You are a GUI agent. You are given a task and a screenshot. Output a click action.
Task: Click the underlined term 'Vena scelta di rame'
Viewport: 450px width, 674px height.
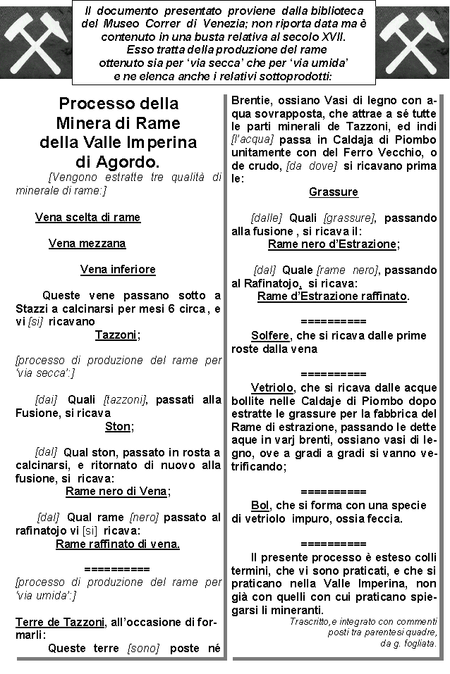coord(87,218)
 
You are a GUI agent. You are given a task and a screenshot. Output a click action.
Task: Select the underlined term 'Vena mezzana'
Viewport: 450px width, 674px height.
coord(87,244)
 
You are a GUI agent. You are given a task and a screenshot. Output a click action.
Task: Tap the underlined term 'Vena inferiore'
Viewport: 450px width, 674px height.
coord(118,270)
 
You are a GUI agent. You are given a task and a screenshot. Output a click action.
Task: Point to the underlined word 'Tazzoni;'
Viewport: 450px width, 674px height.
coord(117,335)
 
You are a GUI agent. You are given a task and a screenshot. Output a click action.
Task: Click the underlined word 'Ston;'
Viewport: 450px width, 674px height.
coord(118,426)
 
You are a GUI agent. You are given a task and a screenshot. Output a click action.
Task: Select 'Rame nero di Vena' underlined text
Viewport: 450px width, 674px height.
coord(117,492)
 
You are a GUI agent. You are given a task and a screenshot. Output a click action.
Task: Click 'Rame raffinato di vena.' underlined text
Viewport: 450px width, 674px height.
coord(118,544)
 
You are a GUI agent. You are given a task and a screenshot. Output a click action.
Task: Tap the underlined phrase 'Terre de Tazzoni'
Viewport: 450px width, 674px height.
coord(60,622)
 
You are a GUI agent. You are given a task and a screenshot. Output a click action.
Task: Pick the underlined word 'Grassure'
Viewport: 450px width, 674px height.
coord(334,192)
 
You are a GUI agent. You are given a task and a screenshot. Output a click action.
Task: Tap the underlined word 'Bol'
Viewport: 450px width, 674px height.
coord(260,505)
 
